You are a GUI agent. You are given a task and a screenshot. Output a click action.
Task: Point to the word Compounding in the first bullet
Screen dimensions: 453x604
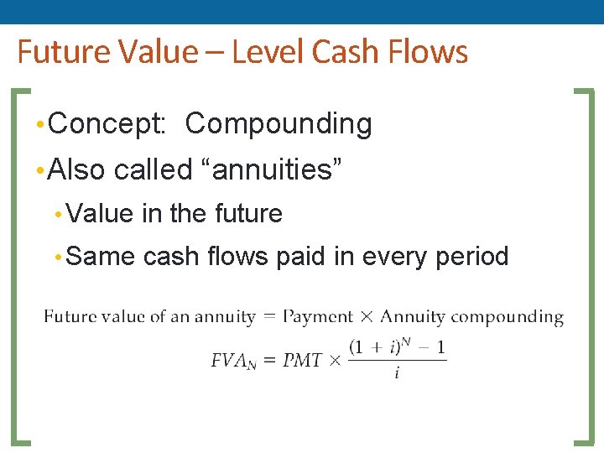[x=279, y=124]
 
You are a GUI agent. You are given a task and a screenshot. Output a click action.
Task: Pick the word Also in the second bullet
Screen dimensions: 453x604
[x=77, y=169]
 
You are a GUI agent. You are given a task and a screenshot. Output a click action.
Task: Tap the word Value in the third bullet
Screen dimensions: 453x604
[x=101, y=213]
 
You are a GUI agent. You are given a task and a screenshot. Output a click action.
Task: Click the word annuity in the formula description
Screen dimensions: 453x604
[x=225, y=317]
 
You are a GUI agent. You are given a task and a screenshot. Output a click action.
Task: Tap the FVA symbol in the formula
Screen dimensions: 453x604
[x=232, y=361]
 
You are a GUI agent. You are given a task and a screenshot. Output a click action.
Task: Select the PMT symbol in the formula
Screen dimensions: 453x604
[x=302, y=361]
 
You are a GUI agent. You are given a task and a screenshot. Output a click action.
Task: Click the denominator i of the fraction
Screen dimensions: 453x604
[x=397, y=373]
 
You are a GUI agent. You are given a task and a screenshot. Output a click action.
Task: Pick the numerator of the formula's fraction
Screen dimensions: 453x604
[x=397, y=347]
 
